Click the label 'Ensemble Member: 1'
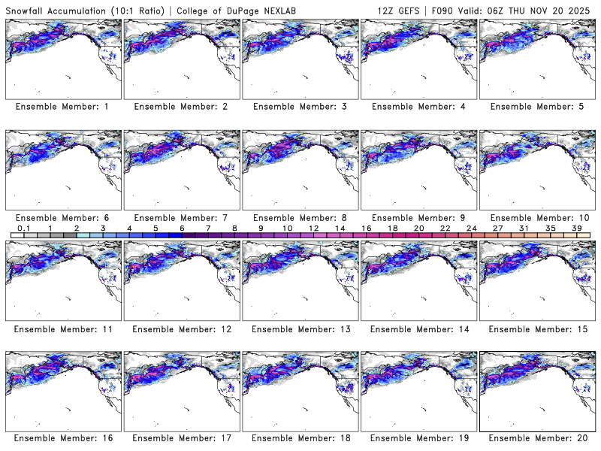pyautogui.click(x=62, y=107)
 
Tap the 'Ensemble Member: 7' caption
pyautogui.click(x=180, y=217)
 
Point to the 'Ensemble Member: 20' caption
pyautogui.click(x=536, y=438)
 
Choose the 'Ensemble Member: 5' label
pyautogui.click(x=536, y=107)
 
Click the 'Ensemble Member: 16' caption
pyautogui.click(x=62, y=438)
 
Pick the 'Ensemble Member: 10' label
pyautogui.click(x=536, y=217)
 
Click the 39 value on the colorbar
pyautogui.click(x=577, y=228)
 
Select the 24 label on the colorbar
pyautogui.click(x=472, y=228)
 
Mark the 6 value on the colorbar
pyautogui.click(x=182, y=228)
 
